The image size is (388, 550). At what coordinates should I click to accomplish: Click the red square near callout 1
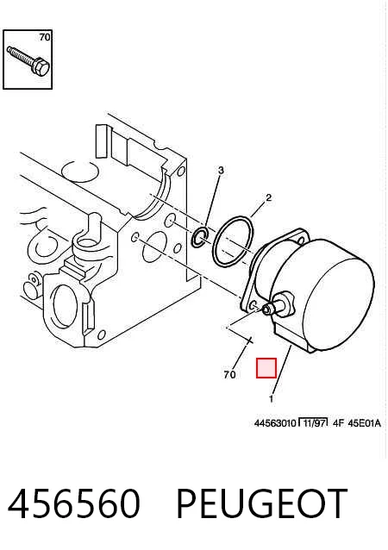(266, 368)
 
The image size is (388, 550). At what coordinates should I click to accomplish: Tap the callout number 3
(221, 171)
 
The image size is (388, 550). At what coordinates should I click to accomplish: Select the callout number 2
(269, 197)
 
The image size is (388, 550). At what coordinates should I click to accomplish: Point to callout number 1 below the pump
(271, 398)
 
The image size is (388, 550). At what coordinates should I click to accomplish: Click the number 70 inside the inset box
(45, 37)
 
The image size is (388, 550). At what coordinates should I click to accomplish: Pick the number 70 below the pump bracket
(229, 375)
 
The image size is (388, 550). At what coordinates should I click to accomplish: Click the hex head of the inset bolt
(41, 67)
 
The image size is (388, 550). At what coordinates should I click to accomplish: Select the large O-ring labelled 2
(233, 241)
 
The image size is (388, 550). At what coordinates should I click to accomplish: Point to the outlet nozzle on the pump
(277, 304)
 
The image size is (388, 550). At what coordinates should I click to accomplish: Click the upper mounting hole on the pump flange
(301, 241)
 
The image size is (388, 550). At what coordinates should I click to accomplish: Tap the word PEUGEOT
(262, 503)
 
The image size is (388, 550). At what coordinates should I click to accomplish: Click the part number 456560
(73, 503)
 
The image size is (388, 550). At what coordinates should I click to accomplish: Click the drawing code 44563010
(275, 423)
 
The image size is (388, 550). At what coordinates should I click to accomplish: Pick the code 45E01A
(364, 423)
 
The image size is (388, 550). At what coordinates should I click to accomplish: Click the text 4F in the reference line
(337, 423)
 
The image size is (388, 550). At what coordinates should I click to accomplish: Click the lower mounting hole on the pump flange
(253, 306)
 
